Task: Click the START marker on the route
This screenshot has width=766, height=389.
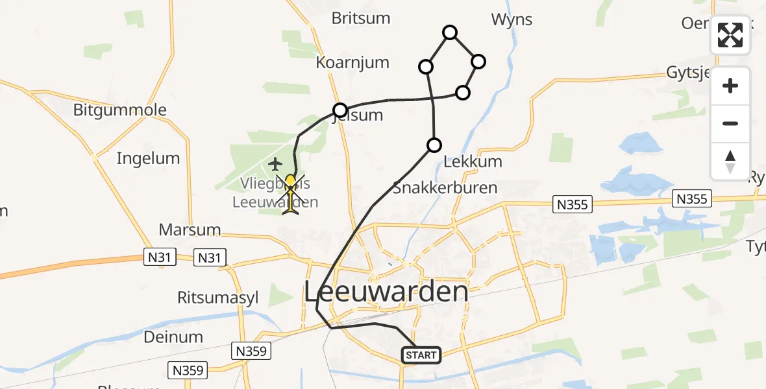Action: tap(421, 355)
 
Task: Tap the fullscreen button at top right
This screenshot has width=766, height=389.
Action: tap(730, 35)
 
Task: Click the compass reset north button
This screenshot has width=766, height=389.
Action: tap(730, 161)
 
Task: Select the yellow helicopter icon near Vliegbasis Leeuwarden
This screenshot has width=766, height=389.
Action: tap(290, 194)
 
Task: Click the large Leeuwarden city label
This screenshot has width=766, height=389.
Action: tap(386, 292)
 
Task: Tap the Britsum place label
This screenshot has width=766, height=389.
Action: tap(361, 18)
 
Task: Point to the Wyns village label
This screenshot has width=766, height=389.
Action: tap(512, 19)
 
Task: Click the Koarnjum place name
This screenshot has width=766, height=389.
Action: tap(352, 63)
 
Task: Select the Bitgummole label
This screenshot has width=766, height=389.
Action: tap(119, 110)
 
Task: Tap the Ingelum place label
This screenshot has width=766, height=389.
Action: tap(148, 158)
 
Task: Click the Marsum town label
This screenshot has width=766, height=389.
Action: tap(190, 230)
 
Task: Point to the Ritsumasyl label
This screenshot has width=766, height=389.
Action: tap(218, 298)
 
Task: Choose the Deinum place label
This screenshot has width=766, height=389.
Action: tap(173, 337)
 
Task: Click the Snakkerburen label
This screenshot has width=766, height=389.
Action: tap(445, 188)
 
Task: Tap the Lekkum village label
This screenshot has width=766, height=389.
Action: tap(473, 161)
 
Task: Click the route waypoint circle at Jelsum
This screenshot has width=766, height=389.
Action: tap(340, 110)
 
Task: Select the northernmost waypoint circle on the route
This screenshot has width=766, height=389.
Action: tap(449, 32)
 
